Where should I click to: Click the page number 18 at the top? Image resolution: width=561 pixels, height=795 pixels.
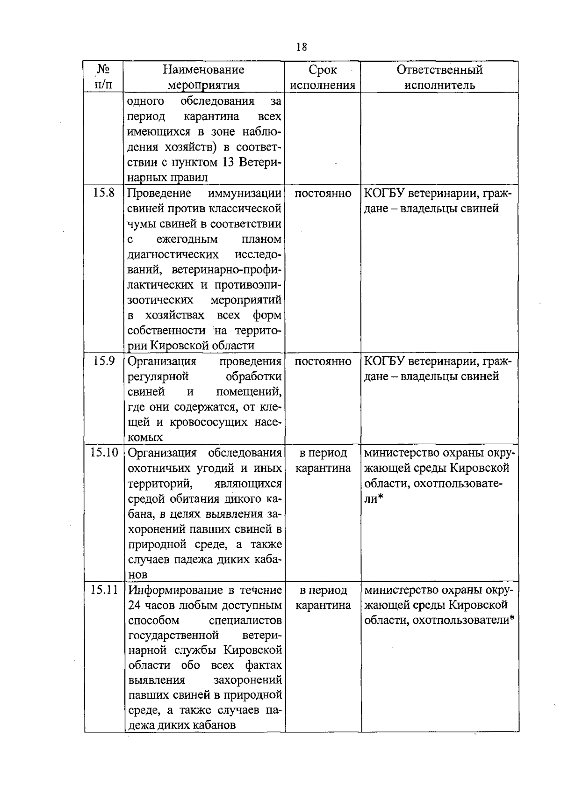[x=302, y=47]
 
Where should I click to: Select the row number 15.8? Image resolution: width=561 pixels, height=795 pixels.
[x=104, y=193]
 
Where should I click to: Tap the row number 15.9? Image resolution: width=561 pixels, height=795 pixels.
[x=104, y=361]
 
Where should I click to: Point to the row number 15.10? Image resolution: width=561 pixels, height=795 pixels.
[x=104, y=452]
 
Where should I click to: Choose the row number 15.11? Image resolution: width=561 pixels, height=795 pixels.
[x=104, y=590]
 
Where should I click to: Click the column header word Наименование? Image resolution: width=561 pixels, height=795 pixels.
[x=203, y=70]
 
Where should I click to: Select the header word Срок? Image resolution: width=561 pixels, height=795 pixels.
[x=323, y=70]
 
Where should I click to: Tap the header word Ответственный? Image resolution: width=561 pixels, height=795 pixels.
[x=439, y=70]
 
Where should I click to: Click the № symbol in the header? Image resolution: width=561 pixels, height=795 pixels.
[x=103, y=70]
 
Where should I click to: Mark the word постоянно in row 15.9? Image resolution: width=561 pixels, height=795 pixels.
[x=323, y=361]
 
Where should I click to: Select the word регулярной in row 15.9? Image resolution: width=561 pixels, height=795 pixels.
[x=158, y=376]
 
